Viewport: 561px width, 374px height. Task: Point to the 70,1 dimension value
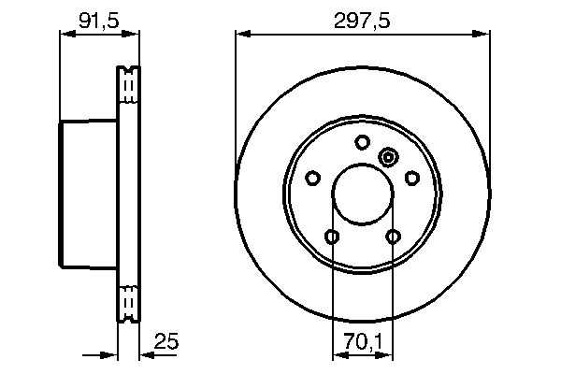click(363, 342)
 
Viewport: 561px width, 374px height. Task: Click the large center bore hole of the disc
click(363, 193)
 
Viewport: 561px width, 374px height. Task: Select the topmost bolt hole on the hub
click(363, 142)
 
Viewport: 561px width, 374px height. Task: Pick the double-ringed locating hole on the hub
click(389, 158)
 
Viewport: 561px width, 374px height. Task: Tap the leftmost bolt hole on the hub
click(314, 177)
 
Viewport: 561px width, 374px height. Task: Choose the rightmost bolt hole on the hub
click(411, 177)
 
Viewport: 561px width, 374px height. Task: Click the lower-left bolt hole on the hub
click(333, 236)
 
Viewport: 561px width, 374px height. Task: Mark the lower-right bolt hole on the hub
click(393, 236)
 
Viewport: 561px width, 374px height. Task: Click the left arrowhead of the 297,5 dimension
click(242, 35)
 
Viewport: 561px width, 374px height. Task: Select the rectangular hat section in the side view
click(90, 194)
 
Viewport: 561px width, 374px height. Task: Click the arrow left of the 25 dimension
click(109, 355)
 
